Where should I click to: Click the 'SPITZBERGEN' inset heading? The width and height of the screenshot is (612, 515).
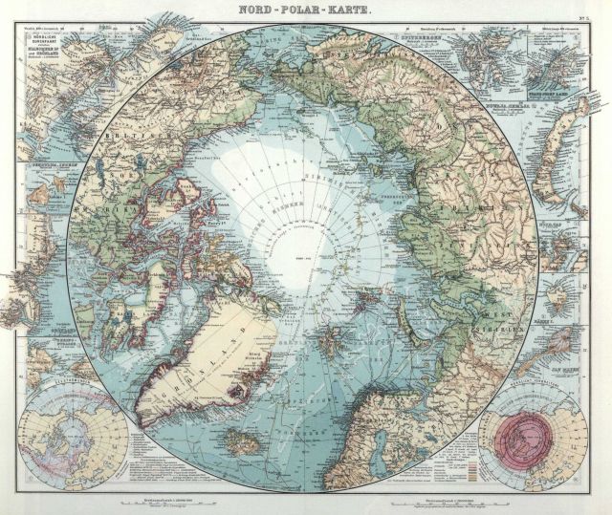[422, 37]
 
